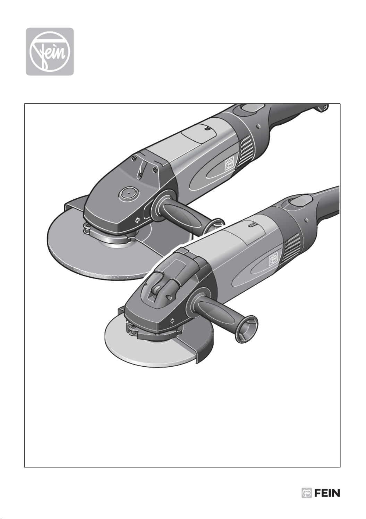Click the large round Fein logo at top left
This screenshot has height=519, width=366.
pyautogui.click(x=50, y=51)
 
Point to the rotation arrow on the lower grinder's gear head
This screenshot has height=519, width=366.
pyautogui.click(x=172, y=321)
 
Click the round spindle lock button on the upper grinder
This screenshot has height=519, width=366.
pyautogui.click(x=128, y=192)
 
